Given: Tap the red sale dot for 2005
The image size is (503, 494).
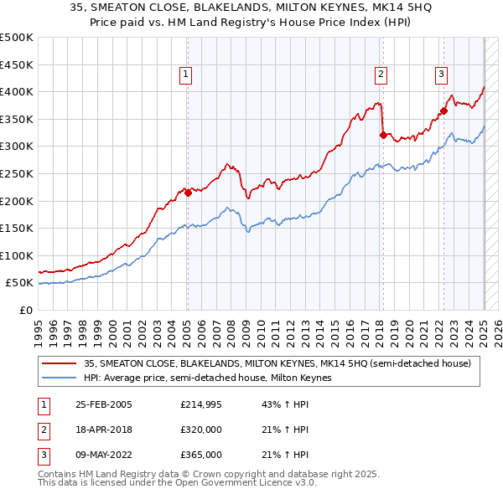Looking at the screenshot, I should click(x=188, y=193).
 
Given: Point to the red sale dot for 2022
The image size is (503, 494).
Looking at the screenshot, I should click(x=443, y=111).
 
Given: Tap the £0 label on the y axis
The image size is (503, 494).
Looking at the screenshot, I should click(x=25, y=310).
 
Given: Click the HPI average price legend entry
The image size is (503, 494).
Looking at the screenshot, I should click(x=208, y=378).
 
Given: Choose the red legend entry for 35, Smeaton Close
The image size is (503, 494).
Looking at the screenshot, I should click(x=277, y=363).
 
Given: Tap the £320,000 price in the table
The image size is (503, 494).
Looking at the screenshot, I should click(x=201, y=430).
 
